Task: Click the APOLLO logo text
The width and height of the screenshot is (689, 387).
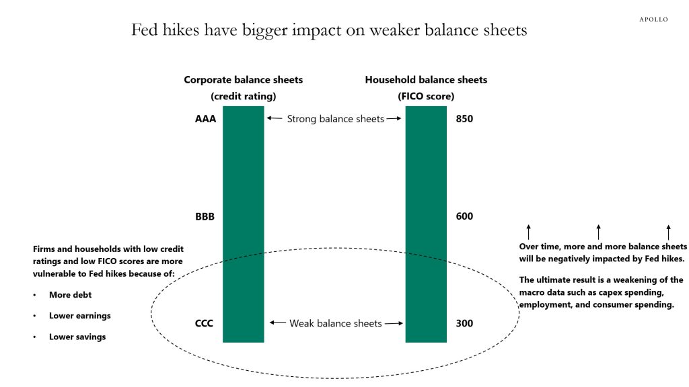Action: (653, 19)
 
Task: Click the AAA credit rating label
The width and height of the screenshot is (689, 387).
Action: (206, 119)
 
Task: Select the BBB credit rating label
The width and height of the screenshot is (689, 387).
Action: (205, 217)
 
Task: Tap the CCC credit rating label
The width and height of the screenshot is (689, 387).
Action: (204, 323)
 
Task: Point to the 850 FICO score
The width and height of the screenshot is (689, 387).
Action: (464, 119)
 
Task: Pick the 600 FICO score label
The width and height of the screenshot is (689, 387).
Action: (464, 216)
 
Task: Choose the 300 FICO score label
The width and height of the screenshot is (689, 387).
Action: (464, 323)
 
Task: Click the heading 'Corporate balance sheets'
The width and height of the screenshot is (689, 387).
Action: (244, 80)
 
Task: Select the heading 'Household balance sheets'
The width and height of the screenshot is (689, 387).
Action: (426, 80)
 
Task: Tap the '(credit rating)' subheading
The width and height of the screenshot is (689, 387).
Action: (244, 97)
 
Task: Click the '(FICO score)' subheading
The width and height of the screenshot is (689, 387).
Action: (426, 97)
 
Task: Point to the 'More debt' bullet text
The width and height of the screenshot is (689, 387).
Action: (70, 295)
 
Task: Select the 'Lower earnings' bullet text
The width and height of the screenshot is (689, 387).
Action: (80, 316)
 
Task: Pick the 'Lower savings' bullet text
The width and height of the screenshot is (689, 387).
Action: (77, 337)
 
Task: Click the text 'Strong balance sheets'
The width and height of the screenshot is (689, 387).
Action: (336, 119)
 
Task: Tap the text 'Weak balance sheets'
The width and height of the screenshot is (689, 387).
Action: (336, 323)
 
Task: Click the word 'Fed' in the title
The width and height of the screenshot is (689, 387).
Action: (145, 30)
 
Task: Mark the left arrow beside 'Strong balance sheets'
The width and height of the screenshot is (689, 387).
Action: (275, 118)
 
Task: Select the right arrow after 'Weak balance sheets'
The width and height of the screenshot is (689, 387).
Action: (394, 323)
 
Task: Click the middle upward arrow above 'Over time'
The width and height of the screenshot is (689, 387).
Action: (598, 232)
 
